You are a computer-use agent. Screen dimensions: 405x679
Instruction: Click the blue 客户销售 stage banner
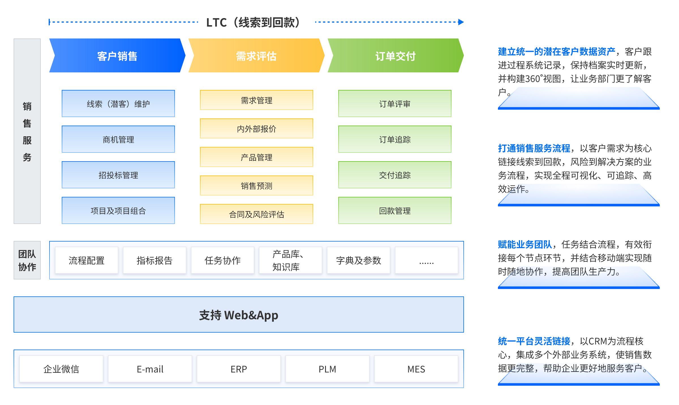[x=117, y=56]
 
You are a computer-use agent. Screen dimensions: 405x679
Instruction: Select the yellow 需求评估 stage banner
[x=256, y=56]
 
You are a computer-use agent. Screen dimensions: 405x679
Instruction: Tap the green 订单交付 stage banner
[x=395, y=56]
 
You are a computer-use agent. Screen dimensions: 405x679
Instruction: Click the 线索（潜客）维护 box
[x=118, y=104]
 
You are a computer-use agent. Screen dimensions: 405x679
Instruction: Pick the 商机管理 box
[x=118, y=139]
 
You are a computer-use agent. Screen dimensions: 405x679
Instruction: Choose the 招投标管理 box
[x=118, y=175]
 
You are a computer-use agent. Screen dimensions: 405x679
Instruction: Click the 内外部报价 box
[x=256, y=129]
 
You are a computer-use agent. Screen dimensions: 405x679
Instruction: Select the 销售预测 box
[x=256, y=186]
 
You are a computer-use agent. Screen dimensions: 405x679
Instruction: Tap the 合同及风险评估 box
[x=256, y=214]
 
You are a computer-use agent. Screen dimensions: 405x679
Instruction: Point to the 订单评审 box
[x=395, y=104]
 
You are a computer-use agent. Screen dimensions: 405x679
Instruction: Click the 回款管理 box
[x=395, y=211]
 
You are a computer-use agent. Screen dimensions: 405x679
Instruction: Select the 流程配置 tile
[x=87, y=260]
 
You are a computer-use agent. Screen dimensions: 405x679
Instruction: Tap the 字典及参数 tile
[x=358, y=260]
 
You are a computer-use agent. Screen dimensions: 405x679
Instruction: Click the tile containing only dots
[x=426, y=260]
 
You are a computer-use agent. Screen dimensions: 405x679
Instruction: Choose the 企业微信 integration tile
[x=61, y=369]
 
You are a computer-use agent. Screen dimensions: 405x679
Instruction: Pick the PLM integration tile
[x=327, y=369]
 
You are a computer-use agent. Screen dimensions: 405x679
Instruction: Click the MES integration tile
[x=416, y=369]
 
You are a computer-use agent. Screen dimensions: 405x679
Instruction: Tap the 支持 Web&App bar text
[x=238, y=315]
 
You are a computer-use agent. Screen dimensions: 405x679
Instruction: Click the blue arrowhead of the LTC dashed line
[x=461, y=22]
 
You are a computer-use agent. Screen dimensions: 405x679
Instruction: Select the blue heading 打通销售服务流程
[x=534, y=148]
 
